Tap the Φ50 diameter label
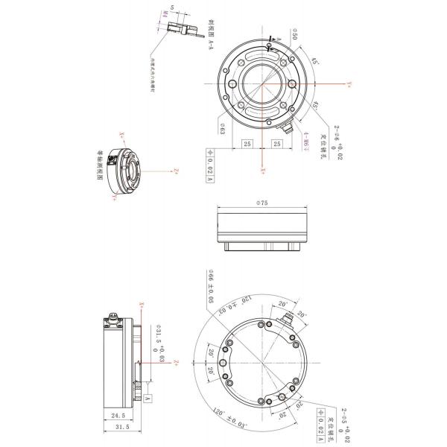pyautogui.click(x=295, y=36)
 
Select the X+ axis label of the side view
pyautogui.click(x=141, y=305)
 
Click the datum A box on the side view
pyautogui.click(x=148, y=399)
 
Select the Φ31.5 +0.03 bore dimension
pyautogui.click(x=159, y=343)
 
